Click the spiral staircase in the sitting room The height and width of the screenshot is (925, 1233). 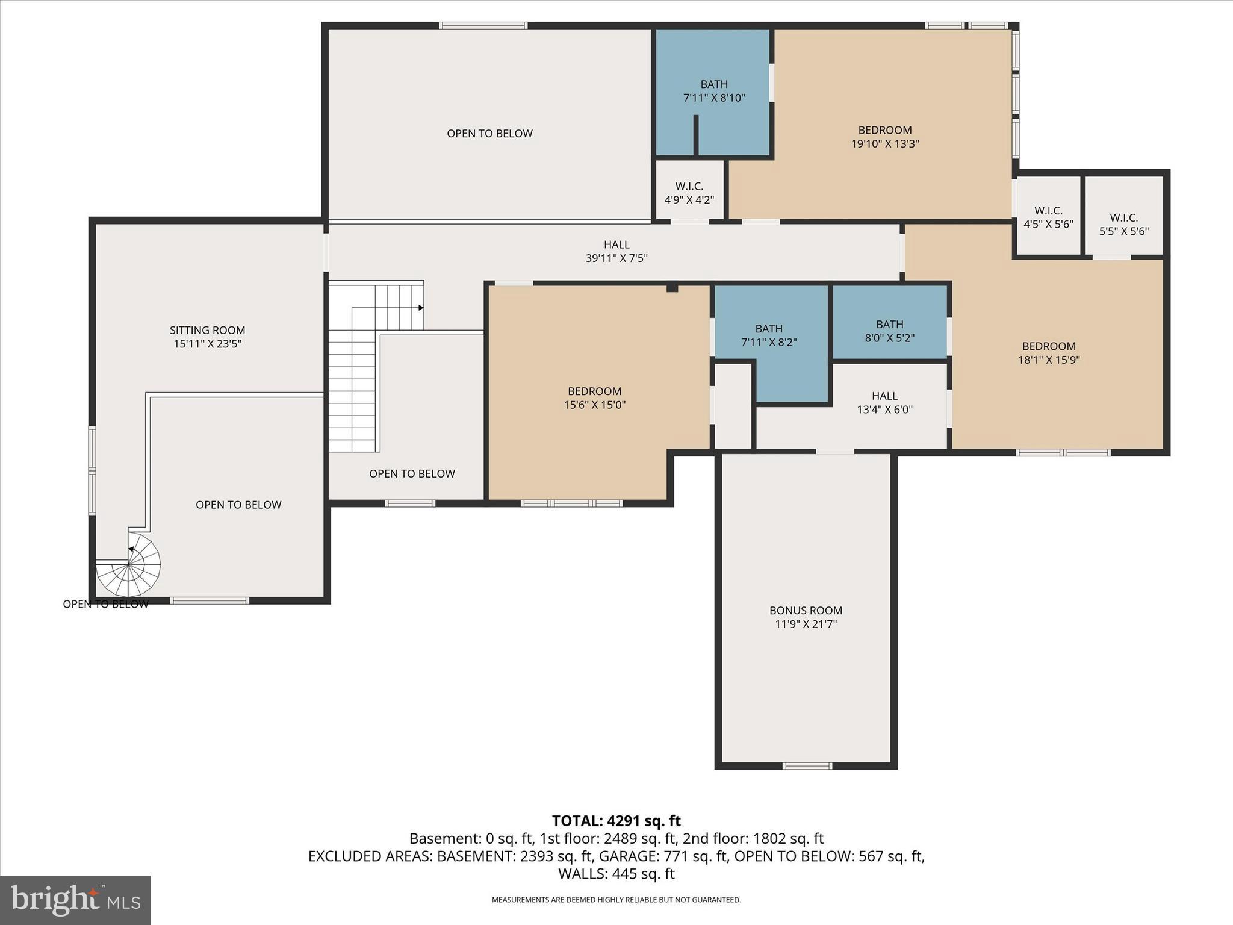tap(129, 565)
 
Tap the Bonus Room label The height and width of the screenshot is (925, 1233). tap(806, 611)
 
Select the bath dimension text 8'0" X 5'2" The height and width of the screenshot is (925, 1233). tap(889, 338)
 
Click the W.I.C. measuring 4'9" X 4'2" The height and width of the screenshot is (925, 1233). tap(689, 193)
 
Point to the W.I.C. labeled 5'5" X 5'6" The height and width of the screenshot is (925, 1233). tap(1123, 224)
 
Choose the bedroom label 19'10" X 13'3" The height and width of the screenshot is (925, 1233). tap(884, 137)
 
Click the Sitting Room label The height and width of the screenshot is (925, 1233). tap(207, 331)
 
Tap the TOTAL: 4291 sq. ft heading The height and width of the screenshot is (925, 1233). tap(616, 821)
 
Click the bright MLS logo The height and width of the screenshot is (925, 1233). tap(75, 900)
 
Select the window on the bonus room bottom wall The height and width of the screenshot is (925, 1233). tap(807, 766)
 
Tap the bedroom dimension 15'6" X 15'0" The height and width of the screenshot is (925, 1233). tap(594, 405)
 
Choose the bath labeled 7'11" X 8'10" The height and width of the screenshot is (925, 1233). tap(714, 91)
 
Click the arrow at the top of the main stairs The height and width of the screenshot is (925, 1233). tap(421, 308)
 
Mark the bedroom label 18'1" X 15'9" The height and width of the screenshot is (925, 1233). tap(1048, 353)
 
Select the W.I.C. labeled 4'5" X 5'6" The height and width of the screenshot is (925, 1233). tap(1048, 217)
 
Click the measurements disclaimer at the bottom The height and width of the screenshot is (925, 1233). tap(616, 900)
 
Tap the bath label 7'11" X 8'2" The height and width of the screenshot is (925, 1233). tap(769, 335)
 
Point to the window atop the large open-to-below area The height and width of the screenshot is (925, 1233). tap(483, 25)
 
